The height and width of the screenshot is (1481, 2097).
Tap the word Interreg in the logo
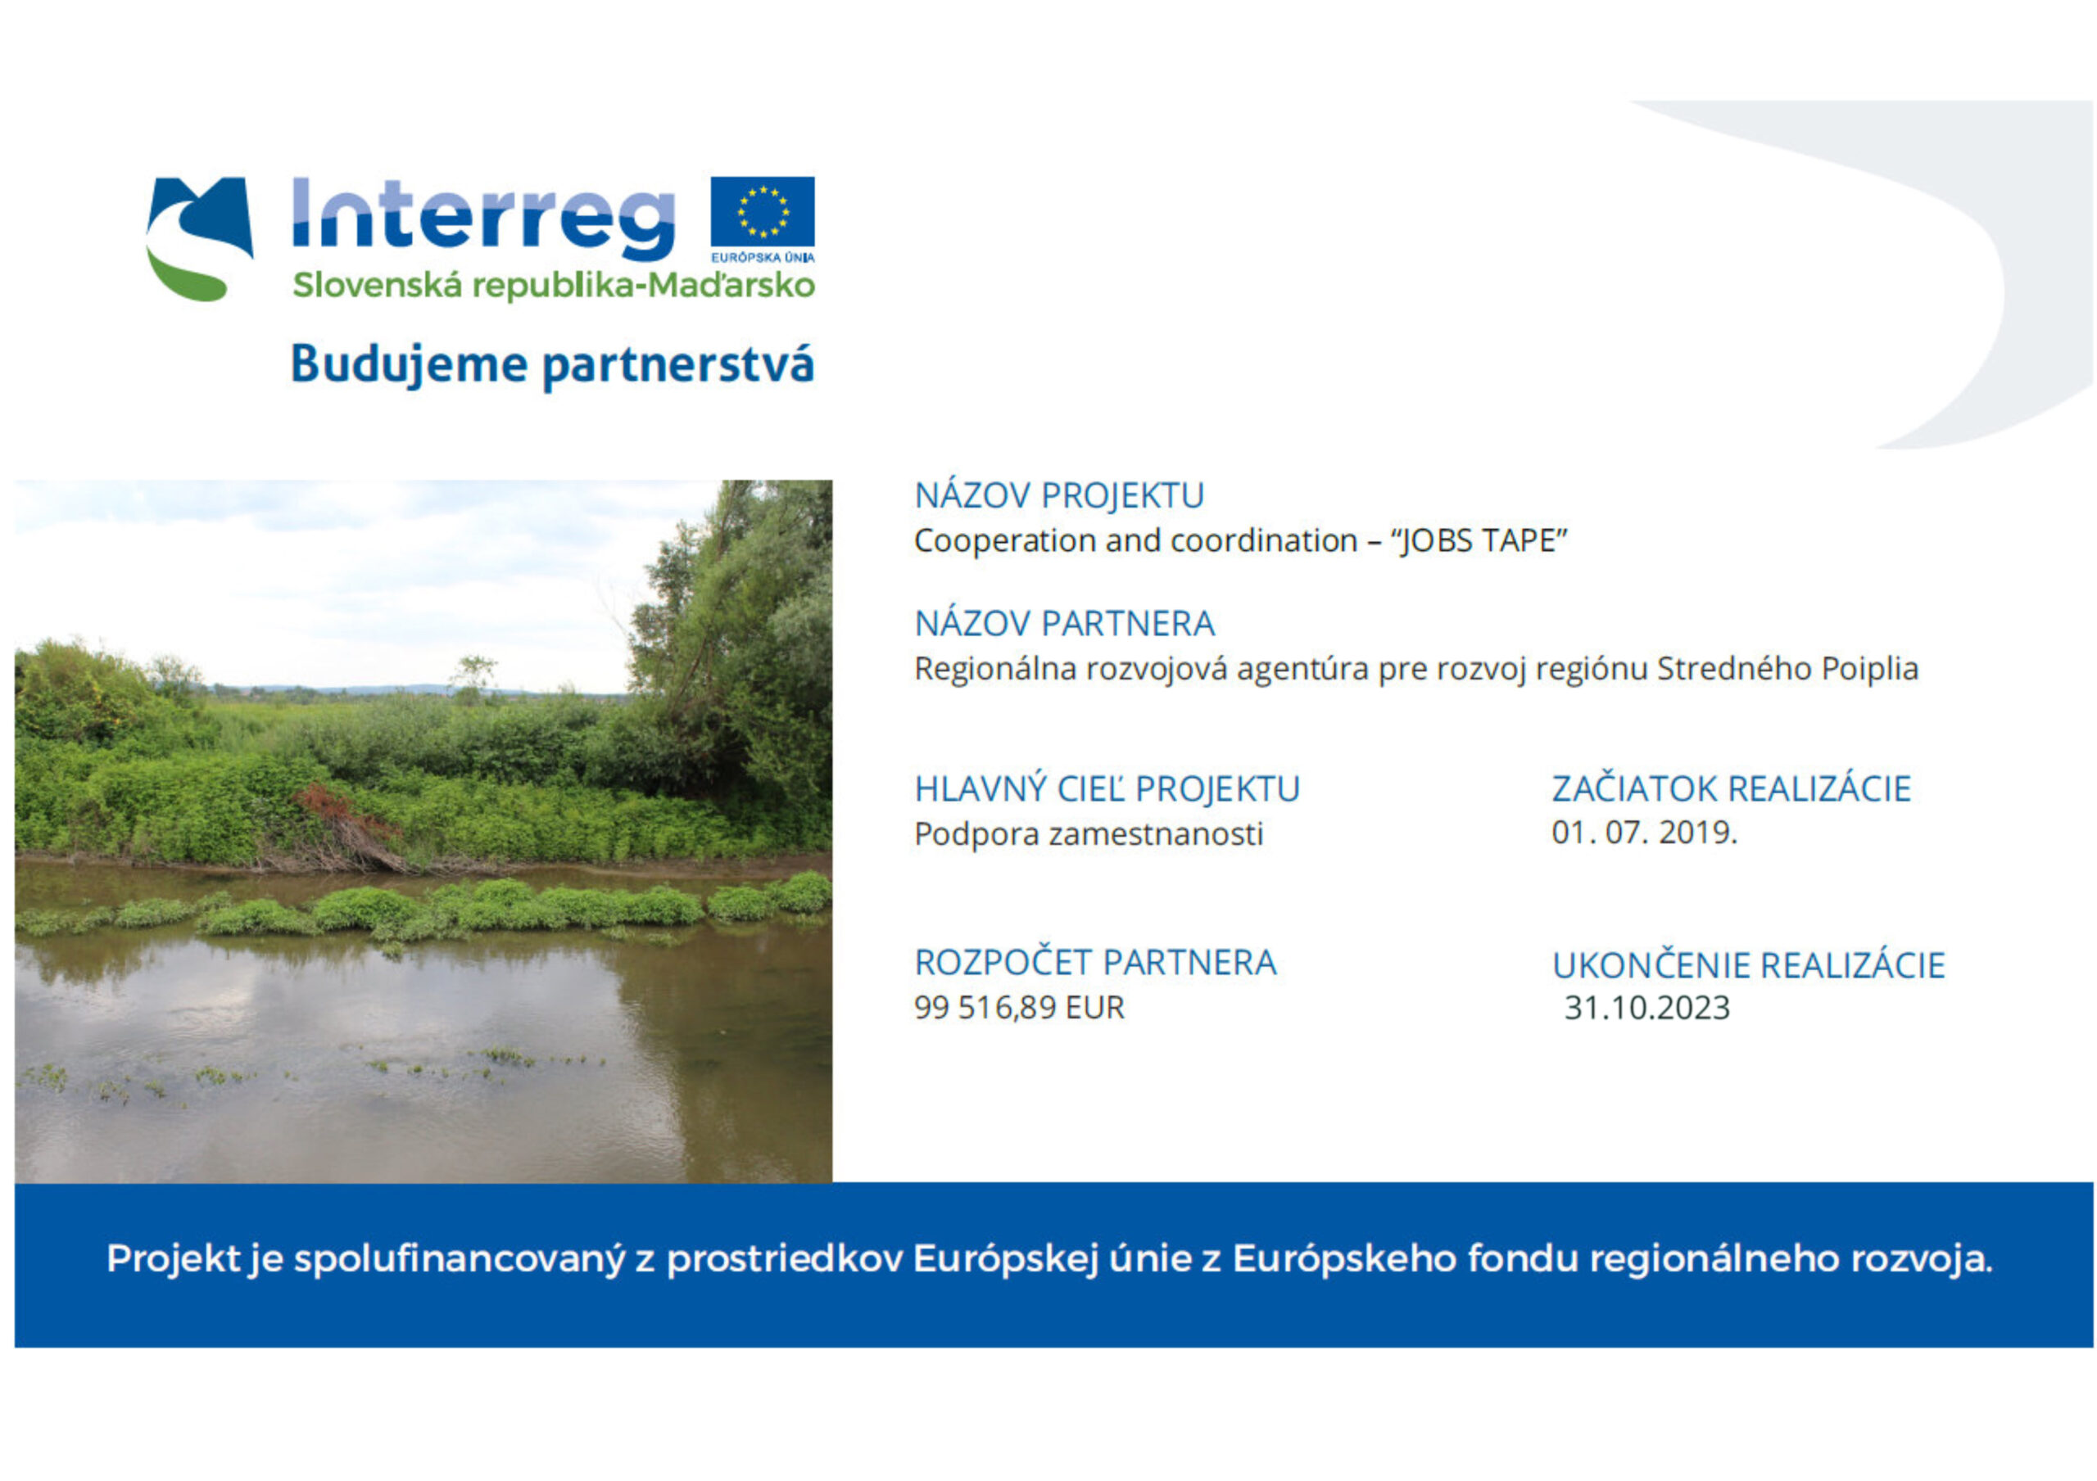pyautogui.click(x=483, y=219)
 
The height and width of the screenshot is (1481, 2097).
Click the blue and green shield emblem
pyautogui.click(x=199, y=238)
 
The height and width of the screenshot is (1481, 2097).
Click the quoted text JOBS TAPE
pyautogui.click(x=1479, y=540)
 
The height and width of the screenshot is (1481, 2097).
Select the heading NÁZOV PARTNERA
pyautogui.click(x=1065, y=624)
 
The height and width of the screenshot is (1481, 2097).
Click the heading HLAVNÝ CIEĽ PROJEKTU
pyautogui.click(x=1107, y=789)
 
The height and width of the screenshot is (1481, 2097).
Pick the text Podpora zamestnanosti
pyautogui.click(x=1089, y=834)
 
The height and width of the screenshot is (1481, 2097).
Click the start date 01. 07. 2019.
pyautogui.click(x=1644, y=832)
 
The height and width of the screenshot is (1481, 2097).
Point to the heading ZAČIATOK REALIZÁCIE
pyautogui.click(x=1732, y=789)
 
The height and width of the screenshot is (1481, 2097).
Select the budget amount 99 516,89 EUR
pyautogui.click(x=1019, y=1007)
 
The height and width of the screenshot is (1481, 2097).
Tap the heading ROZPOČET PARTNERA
pyautogui.click(x=1096, y=963)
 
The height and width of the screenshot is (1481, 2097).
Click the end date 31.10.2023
pyautogui.click(x=1647, y=1007)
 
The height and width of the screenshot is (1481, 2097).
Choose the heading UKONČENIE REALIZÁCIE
pyautogui.click(x=1749, y=965)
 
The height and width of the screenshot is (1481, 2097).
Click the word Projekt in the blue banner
pyautogui.click(x=174, y=1258)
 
